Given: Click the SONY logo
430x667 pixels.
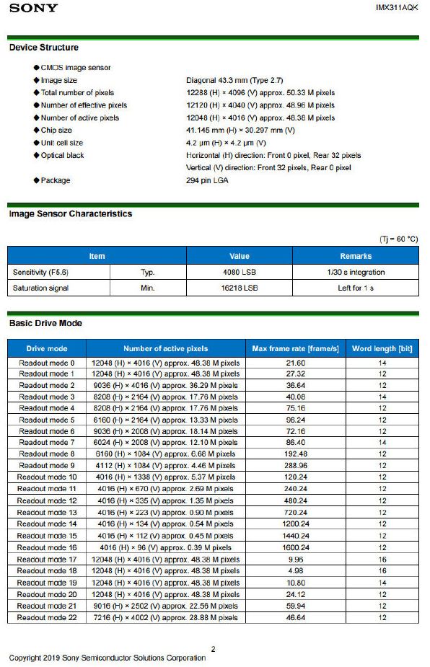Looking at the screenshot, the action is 34,8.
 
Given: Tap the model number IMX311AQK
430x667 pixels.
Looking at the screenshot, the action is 397,7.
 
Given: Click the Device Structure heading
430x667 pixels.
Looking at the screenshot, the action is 44,48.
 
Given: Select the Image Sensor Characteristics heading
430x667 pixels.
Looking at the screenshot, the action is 71,214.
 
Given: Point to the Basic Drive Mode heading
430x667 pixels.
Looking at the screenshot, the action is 45,323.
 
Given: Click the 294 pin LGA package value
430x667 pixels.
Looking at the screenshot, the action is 208,180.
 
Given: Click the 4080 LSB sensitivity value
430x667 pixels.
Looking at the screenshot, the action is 239,272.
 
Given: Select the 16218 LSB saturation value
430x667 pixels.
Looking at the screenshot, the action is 239,288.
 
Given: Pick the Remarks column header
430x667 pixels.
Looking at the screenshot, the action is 355,256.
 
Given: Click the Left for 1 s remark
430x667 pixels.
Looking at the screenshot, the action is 355,288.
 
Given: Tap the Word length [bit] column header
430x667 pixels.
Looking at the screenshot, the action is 382,349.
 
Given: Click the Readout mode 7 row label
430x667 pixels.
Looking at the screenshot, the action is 47,442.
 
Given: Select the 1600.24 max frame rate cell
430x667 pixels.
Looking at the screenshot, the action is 295,547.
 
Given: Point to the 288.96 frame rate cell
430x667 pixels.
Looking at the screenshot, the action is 295,465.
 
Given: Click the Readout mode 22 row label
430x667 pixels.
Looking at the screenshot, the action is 47,617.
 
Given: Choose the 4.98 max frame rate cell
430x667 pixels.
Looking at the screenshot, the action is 295,570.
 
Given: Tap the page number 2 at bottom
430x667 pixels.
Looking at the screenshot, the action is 213,649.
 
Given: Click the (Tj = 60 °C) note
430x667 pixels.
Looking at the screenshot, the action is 398,239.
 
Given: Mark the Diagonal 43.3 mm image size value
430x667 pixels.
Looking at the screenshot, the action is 232,81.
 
